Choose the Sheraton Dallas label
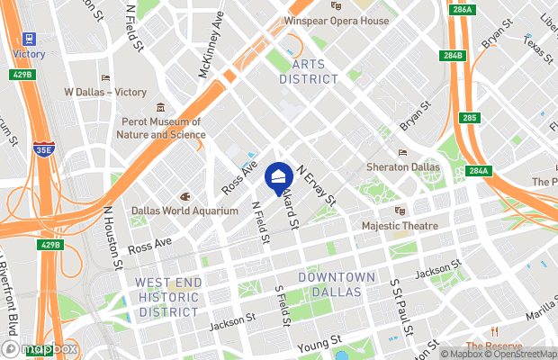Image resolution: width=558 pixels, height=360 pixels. click(403, 167)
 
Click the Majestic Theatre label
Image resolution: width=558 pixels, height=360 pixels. click(399, 225)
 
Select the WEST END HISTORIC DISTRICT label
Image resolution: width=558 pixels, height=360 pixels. click(166, 297)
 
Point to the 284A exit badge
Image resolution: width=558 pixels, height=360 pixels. click(477, 171)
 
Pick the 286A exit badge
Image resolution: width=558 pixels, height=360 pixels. click(463, 9)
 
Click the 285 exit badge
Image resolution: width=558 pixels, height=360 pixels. click(468, 117)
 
